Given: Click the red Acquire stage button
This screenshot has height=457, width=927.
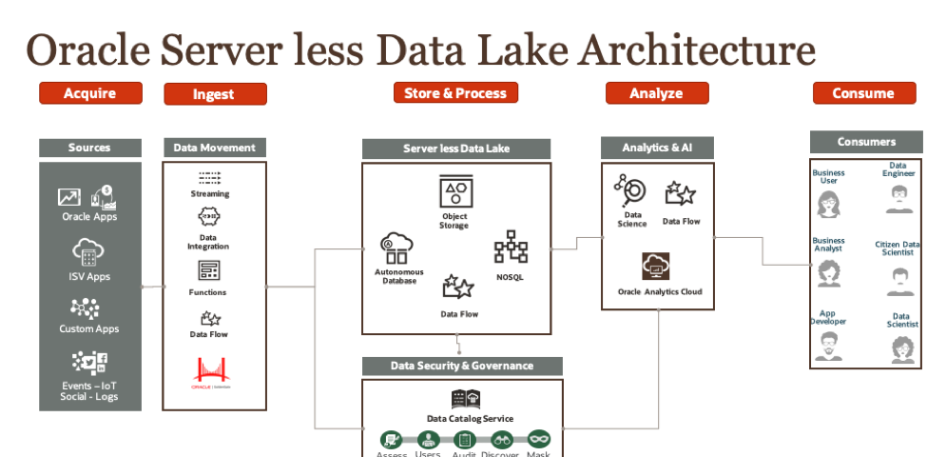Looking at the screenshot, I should pos(90,93).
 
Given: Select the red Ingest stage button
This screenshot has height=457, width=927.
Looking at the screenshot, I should pos(215,94).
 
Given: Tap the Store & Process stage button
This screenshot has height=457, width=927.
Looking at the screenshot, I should pos(455,92).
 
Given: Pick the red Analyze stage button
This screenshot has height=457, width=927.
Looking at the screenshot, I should pos(657,93).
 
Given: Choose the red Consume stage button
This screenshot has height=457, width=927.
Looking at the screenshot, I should pos(863,93).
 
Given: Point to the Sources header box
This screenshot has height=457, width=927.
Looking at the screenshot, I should pos(90,148).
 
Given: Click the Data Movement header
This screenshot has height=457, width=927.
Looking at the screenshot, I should pos(214,148).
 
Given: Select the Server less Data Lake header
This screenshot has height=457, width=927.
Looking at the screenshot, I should pos(456,149).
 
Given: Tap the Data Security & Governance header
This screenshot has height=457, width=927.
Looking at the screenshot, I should pos(462,366).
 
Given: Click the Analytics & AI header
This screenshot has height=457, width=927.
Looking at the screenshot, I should pos(656,148).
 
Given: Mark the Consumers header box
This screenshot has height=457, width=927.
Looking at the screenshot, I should pos(866,142).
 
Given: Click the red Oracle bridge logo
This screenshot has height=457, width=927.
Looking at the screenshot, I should pos(211,372).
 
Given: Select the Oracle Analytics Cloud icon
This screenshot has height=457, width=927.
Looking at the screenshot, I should pos(656,266).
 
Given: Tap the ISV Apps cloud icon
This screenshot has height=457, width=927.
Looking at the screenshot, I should pos(87,253).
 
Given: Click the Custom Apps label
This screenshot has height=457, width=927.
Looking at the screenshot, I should pos(89,329).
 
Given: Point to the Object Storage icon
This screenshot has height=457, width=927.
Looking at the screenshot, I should pos(454,190).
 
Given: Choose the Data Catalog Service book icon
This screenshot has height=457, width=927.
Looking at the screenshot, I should pos(466,399).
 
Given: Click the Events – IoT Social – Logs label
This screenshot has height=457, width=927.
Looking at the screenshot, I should pos(90,390).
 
